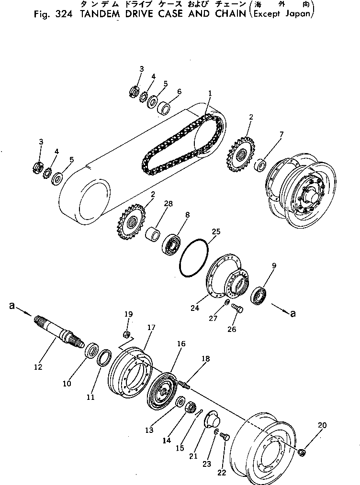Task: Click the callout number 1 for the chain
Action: click(210, 92)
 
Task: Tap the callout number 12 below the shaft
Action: click(38, 367)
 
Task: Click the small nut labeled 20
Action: click(302, 452)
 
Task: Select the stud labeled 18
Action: click(184, 383)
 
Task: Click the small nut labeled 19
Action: click(128, 333)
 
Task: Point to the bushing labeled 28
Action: click(154, 235)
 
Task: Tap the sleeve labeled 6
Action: click(165, 108)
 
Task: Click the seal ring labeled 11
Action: click(104, 357)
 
